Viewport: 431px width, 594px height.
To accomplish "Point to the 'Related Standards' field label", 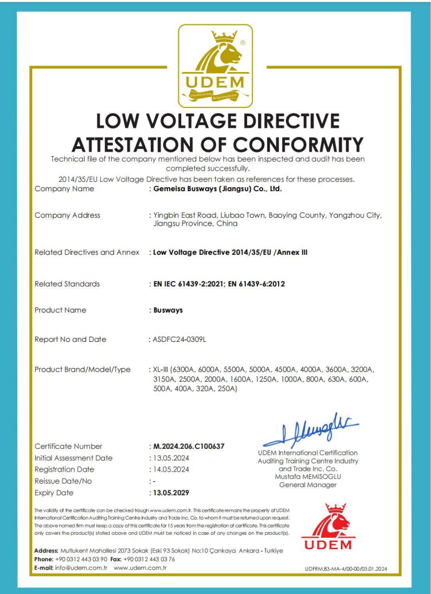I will pyautogui.click(x=67, y=284).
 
